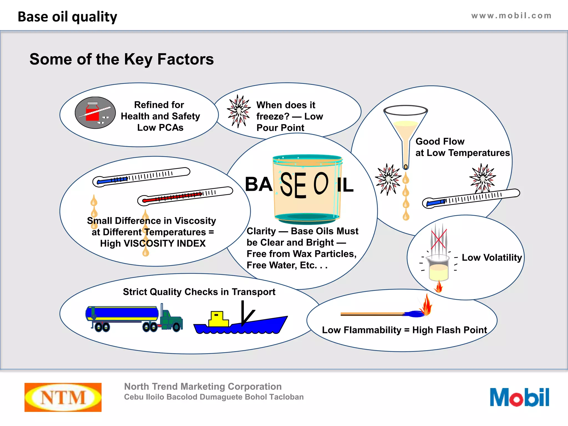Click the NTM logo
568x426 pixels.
tap(63, 397)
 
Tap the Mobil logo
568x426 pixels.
tap(519, 397)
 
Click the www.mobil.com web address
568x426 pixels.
tap(511, 16)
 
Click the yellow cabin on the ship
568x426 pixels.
tap(218, 319)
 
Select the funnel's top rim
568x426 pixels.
tap(405, 110)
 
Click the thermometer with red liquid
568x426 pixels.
tap(185, 196)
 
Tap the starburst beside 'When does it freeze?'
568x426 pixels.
tap(239, 111)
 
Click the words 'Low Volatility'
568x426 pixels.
tap(492, 257)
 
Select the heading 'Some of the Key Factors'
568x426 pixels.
tap(121, 59)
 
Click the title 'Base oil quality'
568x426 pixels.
tap(67, 17)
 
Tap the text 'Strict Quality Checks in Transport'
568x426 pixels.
tap(199, 292)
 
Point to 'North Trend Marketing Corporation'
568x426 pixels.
tap(203, 386)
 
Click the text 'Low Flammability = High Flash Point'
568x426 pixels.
tap(404, 330)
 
